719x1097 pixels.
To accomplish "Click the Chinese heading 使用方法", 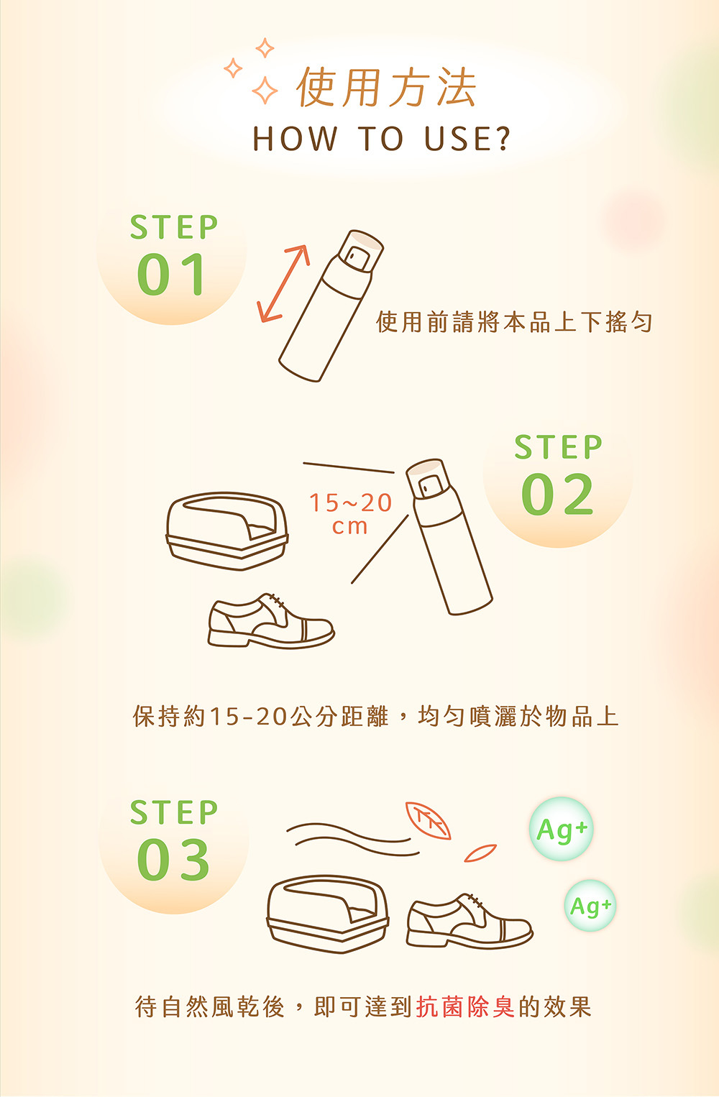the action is pyautogui.click(x=387, y=88).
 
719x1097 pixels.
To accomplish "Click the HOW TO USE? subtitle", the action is pyautogui.click(x=382, y=139).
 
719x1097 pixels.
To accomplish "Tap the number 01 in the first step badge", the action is pyautogui.click(x=170, y=275).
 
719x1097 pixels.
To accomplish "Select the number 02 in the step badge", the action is pyautogui.click(x=557, y=494).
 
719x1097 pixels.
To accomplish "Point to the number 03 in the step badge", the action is pyautogui.click(x=173, y=860).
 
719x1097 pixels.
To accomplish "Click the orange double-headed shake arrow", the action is pyautogui.click(x=283, y=283).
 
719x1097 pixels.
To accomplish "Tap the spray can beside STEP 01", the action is pyautogui.click(x=331, y=306).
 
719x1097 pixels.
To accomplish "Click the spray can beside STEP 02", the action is pyautogui.click(x=449, y=537).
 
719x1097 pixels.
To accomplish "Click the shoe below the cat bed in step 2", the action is pyautogui.click(x=271, y=622).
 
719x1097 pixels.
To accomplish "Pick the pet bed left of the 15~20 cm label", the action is pyautogui.click(x=226, y=531).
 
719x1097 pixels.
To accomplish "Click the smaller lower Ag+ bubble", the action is pyautogui.click(x=590, y=906).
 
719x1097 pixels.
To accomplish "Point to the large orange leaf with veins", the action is pyautogui.click(x=428, y=821).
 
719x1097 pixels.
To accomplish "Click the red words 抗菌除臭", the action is pyautogui.click(x=465, y=1007).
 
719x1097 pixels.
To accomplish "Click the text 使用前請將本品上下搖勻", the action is pyautogui.click(x=514, y=322).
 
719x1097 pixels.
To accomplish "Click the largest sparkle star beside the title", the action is pyautogui.click(x=265, y=91).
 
